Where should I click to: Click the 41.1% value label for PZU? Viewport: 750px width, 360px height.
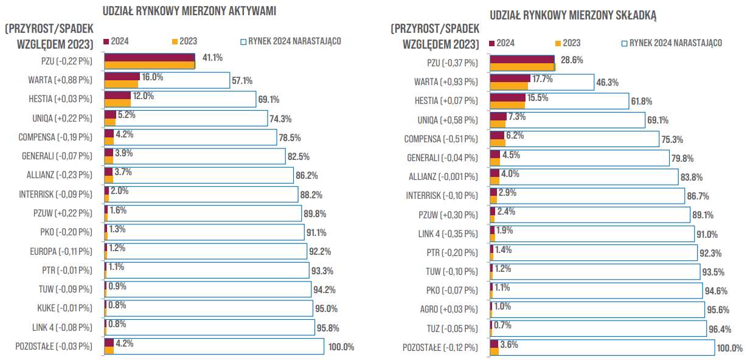pyautogui.click(x=212, y=58)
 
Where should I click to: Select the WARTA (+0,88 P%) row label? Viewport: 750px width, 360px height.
pyautogui.click(x=60, y=80)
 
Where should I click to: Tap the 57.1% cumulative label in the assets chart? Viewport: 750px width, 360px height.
pyautogui.click(x=242, y=81)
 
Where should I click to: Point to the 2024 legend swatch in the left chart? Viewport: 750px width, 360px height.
pyautogui.click(x=106, y=41)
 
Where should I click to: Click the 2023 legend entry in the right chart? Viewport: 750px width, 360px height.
pyautogui.click(x=568, y=43)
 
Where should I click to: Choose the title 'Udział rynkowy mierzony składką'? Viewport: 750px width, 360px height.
pyautogui.click(x=573, y=15)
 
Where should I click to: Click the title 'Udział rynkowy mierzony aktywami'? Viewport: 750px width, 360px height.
pyautogui.click(x=190, y=11)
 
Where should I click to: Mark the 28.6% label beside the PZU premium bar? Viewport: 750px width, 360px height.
pyautogui.click(x=572, y=60)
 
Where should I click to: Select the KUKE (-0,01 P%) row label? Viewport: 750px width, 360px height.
pyautogui.click(x=64, y=308)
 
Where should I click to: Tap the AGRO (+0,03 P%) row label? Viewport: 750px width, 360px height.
pyautogui.click(x=449, y=310)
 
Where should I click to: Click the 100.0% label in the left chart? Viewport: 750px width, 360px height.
pyautogui.click(x=341, y=347)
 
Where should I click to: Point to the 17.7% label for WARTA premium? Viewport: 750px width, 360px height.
pyautogui.click(x=543, y=79)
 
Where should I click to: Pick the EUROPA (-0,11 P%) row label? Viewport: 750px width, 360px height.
pyautogui.click(x=61, y=252)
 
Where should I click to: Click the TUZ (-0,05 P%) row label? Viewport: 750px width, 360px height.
pyautogui.click(x=453, y=329)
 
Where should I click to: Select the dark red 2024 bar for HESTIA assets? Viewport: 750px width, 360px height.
pyautogui.click(x=117, y=95)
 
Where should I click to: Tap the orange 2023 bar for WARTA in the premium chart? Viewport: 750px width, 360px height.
pyautogui.click(x=509, y=86)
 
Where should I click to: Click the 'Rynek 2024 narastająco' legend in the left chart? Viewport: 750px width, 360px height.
pyautogui.click(x=291, y=41)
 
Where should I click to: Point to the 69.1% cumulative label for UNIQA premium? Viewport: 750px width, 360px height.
pyautogui.click(x=658, y=120)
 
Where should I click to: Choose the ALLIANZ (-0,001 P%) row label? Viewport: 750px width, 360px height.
pyautogui.click(x=443, y=177)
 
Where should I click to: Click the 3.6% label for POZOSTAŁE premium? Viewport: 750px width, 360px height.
pyautogui.click(x=509, y=345)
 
